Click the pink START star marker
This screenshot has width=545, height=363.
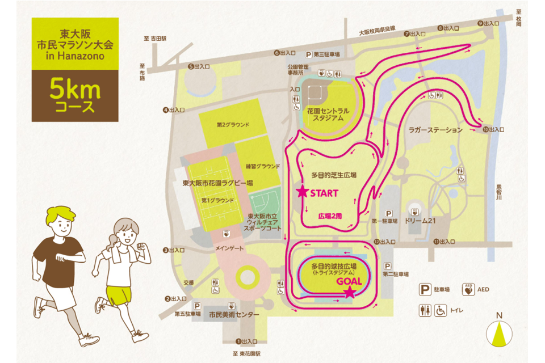pyautogui.click(x=302, y=192)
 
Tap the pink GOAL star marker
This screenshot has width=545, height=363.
pyautogui.click(x=350, y=293)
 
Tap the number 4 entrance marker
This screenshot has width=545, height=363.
pyautogui.click(x=165, y=110)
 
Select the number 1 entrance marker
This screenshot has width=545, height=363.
pyautogui.click(x=238, y=341)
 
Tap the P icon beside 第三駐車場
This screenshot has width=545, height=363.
pyautogui.click(x=309, y=54)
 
